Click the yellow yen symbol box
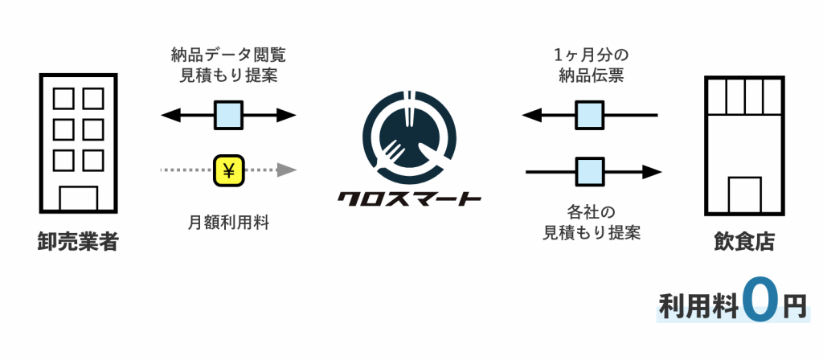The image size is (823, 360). click(229, 170)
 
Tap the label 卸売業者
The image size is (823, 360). click(78, 241)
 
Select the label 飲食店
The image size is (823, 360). click(744, 241)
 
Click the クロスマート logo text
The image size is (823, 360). click(409, 197)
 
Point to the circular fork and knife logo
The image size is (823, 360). click(409, 137)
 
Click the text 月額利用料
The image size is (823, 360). click(229, 222)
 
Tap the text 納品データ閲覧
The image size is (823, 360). click(229, 56)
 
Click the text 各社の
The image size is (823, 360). click(591, 213)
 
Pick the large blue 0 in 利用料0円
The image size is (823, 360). click(760, 301)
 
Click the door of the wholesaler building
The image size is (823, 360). click(78, 198)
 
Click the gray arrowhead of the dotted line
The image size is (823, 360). click(287, 170)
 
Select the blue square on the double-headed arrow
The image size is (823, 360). click(229, 115)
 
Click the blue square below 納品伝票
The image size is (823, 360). click(591, 115)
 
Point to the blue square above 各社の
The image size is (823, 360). click(591, 171)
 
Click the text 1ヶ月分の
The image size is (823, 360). click(591, 56)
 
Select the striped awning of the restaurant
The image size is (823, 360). click(744, 96)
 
